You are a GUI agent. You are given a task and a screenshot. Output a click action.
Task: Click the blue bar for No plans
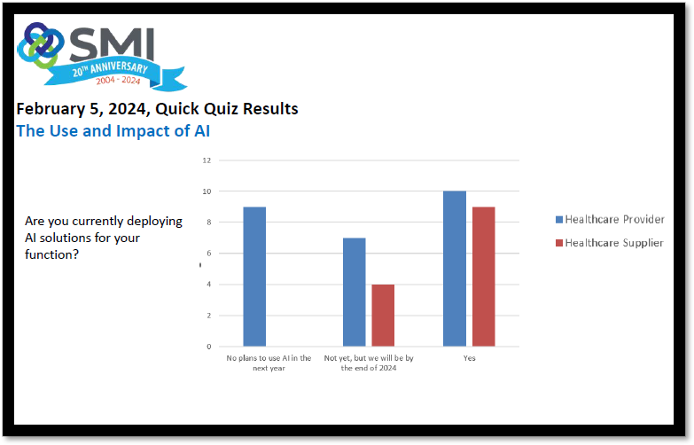tap(254, 277)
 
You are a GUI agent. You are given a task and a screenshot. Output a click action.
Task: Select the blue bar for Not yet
tap(354, 292)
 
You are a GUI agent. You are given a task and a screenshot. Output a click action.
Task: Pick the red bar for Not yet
tap(383, 316)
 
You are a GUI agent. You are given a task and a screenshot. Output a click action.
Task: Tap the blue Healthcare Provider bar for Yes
tap(455, 269)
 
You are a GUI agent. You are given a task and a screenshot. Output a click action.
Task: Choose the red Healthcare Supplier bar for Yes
tap(483, 277)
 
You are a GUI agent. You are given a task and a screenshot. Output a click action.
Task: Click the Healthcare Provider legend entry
tap(610, 219)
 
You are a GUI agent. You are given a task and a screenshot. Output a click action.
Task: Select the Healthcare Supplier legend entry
tap(610, 243)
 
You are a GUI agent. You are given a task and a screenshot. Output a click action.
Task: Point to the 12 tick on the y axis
tap(207, 160)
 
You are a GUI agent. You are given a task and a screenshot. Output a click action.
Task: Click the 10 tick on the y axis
tap(207, 191)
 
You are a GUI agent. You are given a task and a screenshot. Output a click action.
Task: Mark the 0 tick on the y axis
tap(209, 347)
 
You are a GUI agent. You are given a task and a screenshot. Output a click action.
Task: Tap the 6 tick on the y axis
tap(209, 254)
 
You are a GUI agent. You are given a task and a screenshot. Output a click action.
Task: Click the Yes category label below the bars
tap(469, 358)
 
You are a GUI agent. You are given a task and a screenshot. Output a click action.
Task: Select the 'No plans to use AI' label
tap(269, 363)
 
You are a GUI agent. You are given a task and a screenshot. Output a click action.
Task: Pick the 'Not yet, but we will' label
tap(369, 363)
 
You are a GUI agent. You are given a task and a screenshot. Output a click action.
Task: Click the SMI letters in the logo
tap(112, 44)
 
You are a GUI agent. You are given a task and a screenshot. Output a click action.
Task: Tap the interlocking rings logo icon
tap(40, 45)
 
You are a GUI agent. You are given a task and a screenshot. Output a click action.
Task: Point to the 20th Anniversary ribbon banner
tap(115, 74)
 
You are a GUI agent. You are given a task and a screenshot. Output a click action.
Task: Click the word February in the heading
tap(51, 109)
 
